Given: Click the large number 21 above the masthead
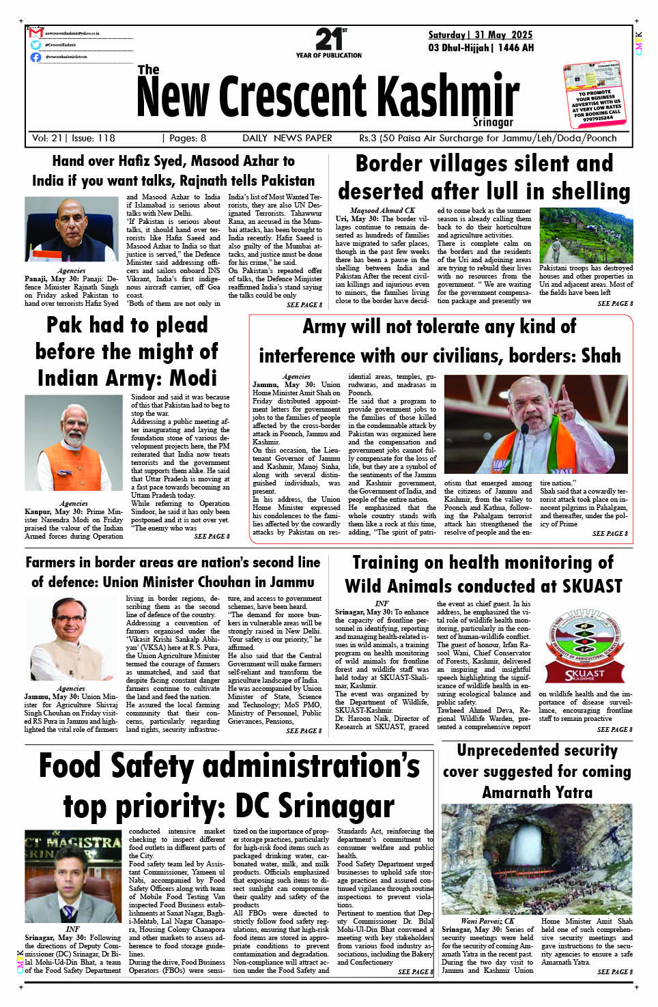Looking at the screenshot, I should click(x=328, y=39).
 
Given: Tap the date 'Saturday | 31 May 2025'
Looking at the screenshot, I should click(x=480, y=35).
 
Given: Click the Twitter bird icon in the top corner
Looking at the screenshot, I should click(x=35, y=45).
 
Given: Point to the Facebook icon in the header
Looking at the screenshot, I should click(x=35, y=57).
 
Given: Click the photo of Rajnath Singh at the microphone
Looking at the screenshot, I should click(x=71, y=229).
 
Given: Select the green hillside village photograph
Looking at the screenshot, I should click(x=586, y=235).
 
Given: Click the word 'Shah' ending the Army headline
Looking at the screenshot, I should click(x=601, y=356).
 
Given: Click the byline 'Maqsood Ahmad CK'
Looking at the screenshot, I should click(x=382, y=210).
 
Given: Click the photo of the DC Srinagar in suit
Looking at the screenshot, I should click(x=73, y=877).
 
